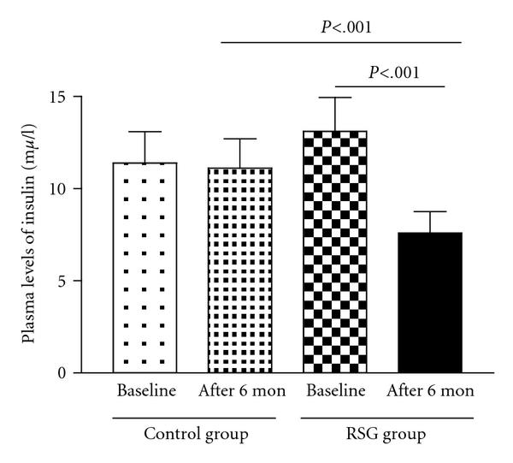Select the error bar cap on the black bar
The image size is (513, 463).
pyautogui.click(x=431, y=211)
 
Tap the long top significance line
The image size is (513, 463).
pyautogui.click(x=341, y=42)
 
